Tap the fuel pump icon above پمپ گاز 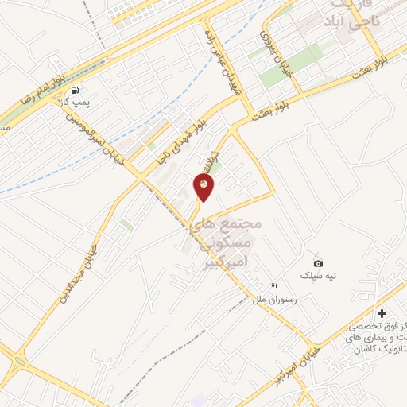(x=75, y=90)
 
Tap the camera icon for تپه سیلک (x=318, y=263)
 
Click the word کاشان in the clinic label (x=389, y=350)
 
